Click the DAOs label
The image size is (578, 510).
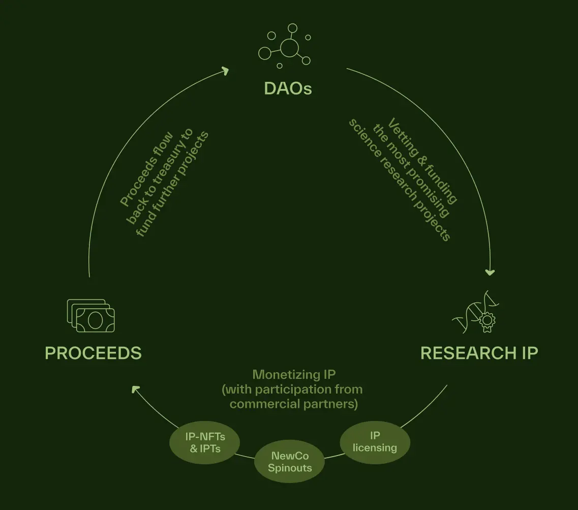(288, 89)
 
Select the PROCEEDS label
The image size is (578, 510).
(93, 353)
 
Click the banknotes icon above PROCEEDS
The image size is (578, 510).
(91, 316)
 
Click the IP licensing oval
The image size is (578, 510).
(375, 442)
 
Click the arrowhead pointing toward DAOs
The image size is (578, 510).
(226, 71)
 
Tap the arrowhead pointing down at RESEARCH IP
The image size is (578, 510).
(490, 272)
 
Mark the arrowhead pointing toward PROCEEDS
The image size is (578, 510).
(135, 389)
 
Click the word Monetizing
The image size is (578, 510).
(280, 375)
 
